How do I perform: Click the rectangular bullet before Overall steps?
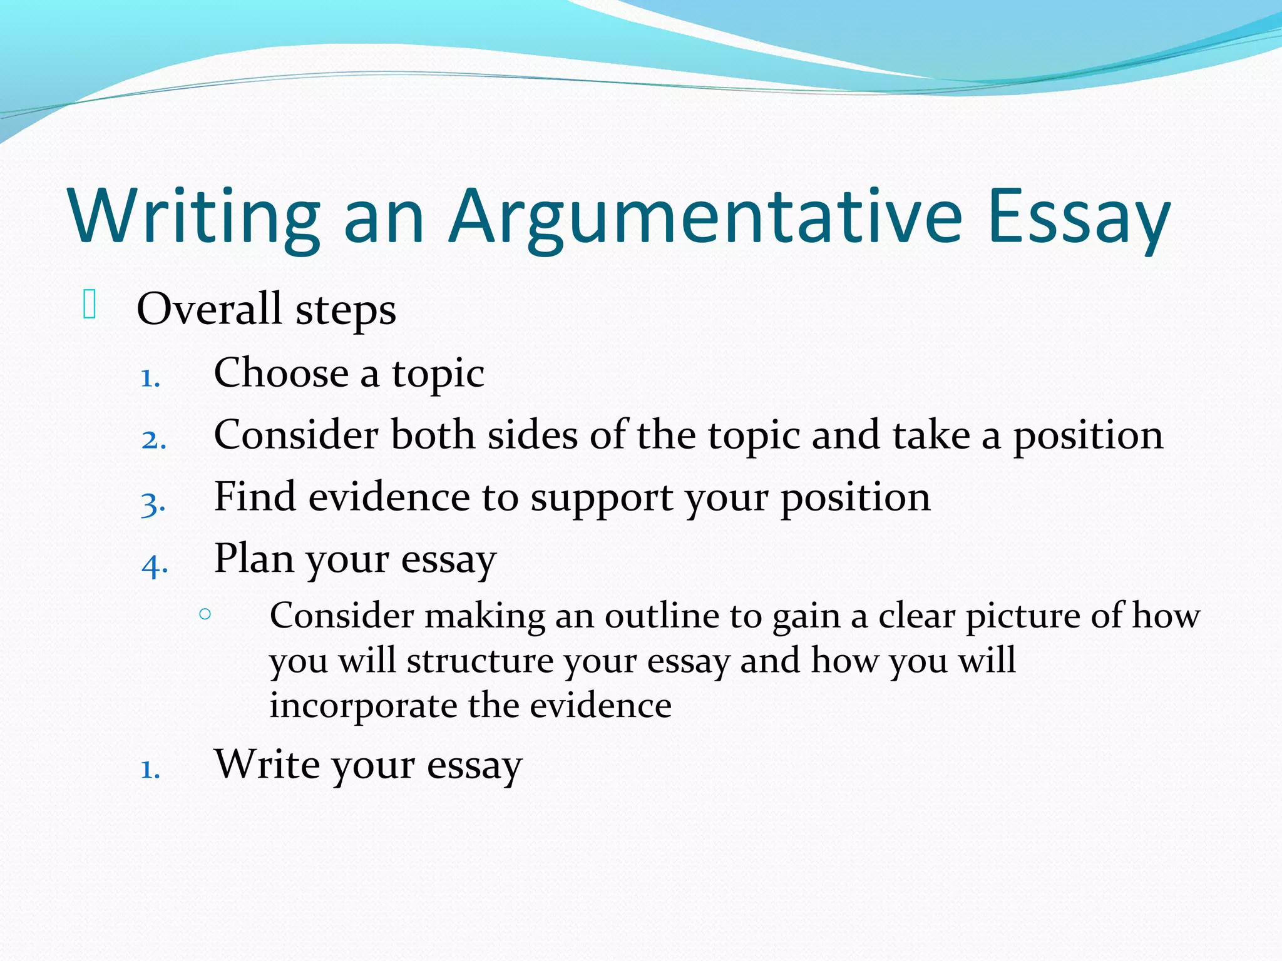(x=89, y=305)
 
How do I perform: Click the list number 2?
(x=153, y=440)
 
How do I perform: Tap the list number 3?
(x=153, y=504)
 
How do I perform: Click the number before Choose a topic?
(x=150, y=378)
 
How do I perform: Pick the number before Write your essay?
(x=150, y=770)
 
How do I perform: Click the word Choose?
(x=281, y=373)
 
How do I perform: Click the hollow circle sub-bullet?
(x=205, y=614)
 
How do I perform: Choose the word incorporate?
(x=363, y=706)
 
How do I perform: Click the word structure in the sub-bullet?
(x=479, y=661)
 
